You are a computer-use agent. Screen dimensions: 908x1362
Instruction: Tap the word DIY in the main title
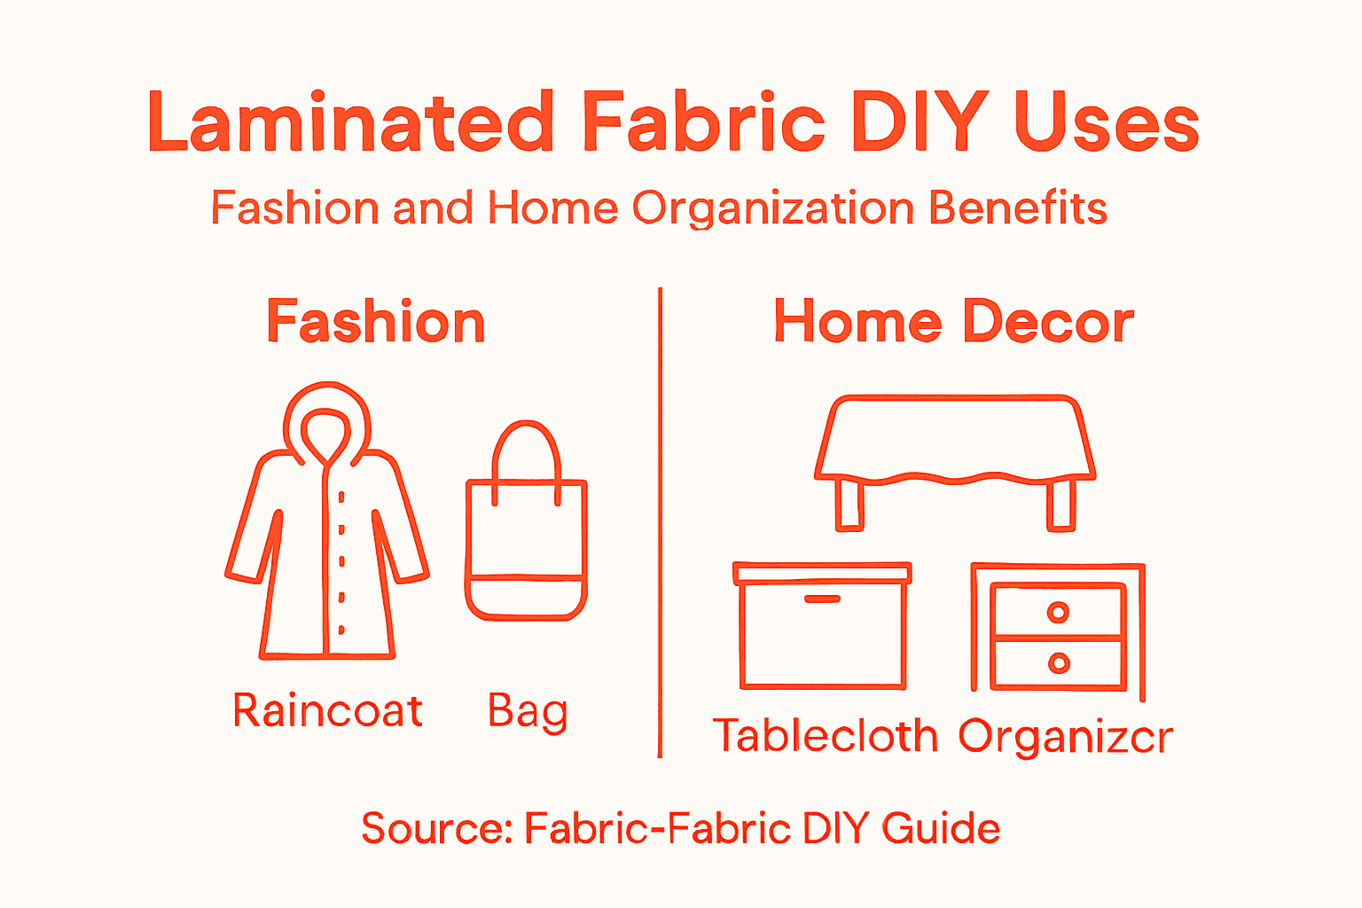[919, 122]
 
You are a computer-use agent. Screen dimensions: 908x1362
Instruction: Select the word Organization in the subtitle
[772, 208]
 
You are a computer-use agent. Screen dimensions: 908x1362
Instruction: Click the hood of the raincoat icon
[325, 417]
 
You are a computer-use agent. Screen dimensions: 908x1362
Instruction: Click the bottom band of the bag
[526, 599]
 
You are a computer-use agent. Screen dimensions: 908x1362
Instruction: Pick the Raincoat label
[327, 711]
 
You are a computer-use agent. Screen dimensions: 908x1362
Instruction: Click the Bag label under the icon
[528, 711]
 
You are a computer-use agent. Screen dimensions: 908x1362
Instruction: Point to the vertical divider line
[660, 523]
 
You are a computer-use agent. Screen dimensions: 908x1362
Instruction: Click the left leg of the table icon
[849, 505]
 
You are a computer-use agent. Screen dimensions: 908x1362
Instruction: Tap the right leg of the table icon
[1061, 505]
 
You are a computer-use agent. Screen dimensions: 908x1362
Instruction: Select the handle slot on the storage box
[822, 600]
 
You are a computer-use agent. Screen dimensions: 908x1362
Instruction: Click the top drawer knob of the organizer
[1058, 612]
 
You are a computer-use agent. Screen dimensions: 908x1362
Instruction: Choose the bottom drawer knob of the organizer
[1058, 663]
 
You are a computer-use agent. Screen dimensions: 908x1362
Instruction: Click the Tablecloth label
[825, 736]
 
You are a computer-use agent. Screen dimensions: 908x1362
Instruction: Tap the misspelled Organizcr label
[1066, 736]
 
